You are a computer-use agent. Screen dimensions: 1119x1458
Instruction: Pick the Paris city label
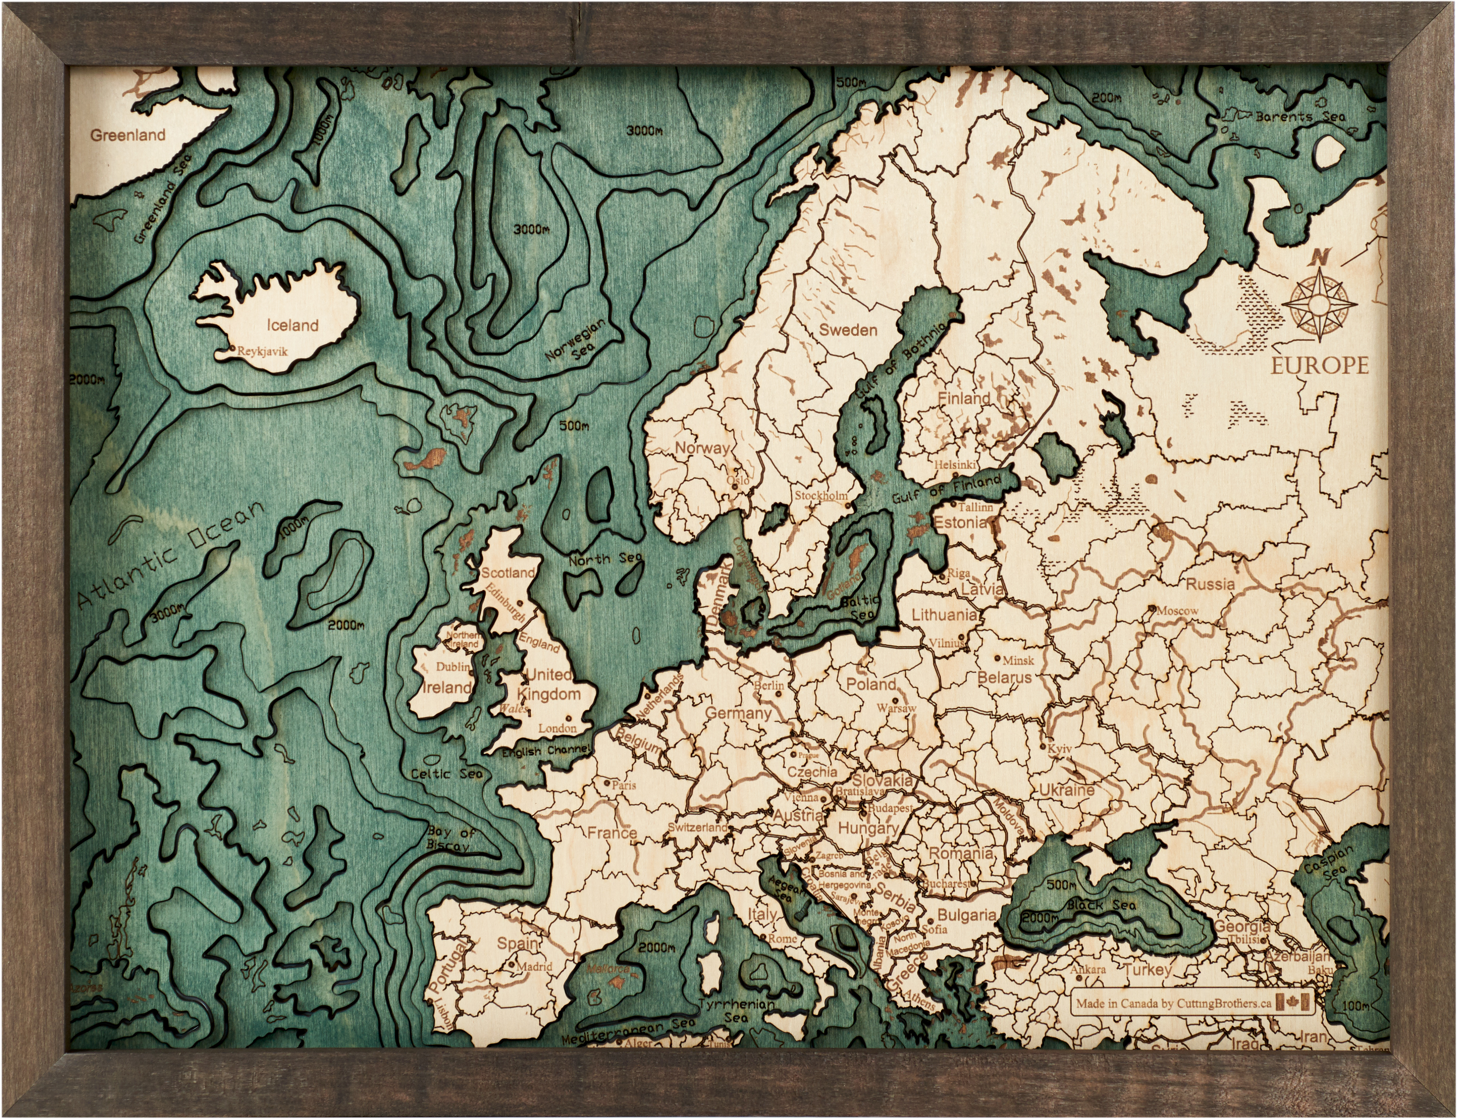(624, 785)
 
